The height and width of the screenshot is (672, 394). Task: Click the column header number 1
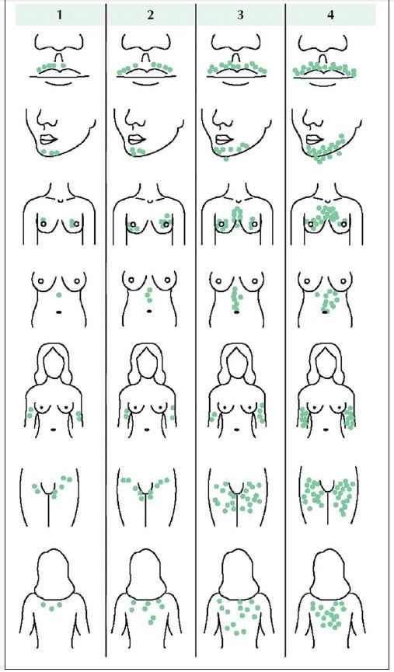click(x=59, y=15)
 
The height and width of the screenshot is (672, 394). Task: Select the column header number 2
click(x=150, y=15)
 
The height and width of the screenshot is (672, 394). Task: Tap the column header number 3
click(x=240, y=15)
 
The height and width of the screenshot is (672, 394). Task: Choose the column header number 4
click(x=330, y=15)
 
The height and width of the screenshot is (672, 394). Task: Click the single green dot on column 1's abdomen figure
click(x=59, y=295)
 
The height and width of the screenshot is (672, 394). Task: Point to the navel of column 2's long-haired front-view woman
click(x=147, y=429)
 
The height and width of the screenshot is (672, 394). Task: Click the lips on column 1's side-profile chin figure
click(x=48, y=139)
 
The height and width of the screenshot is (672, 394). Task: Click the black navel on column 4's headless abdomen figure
click(x=325, y=312)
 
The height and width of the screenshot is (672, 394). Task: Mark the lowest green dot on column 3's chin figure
click(x=226, y=158)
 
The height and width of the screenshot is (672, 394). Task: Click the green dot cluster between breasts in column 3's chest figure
click(x=237, y=215)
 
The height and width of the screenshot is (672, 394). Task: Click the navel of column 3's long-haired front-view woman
click(x=238, y=429)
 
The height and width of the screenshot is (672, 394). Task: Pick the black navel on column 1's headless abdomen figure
click(x=59, y=312)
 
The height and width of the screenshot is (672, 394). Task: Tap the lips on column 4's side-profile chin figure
click(x=314, y=139)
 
